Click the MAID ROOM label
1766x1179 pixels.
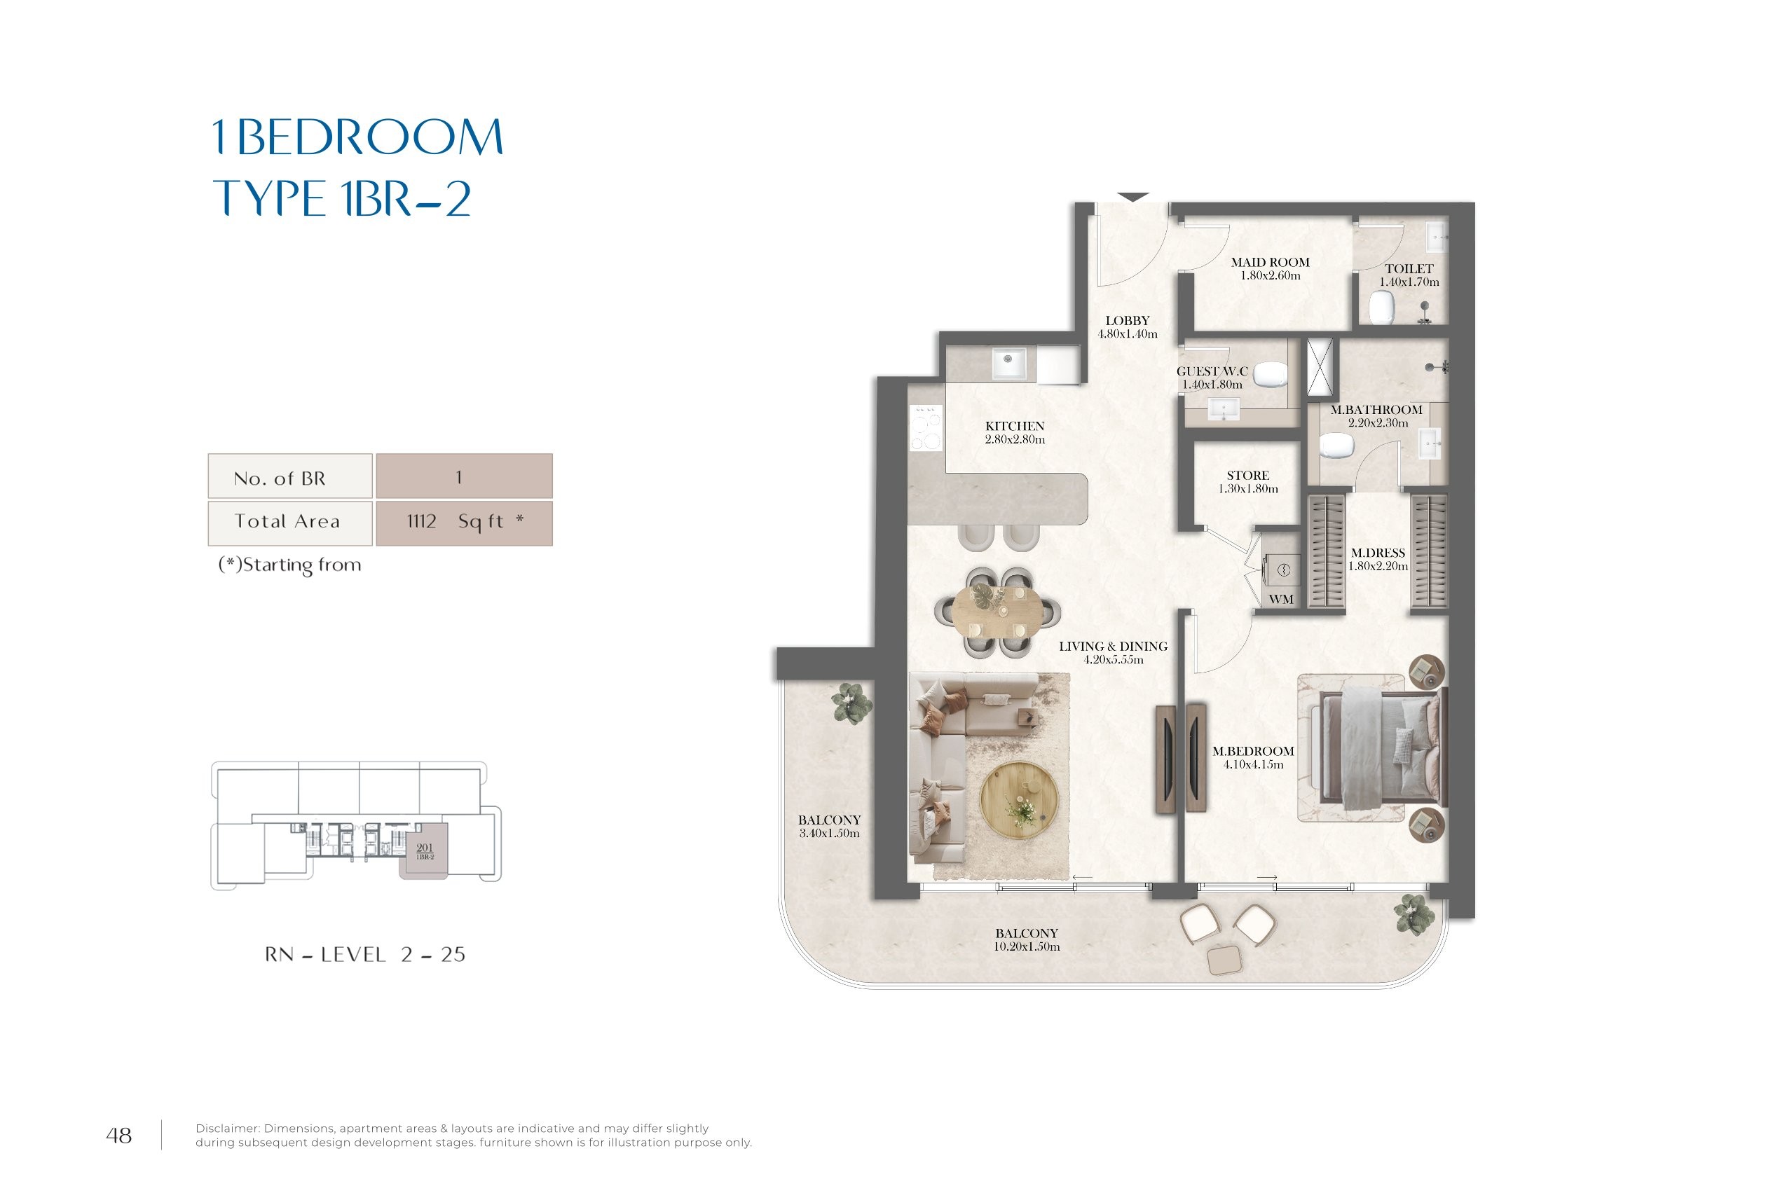pyautogui.click(x=1270, y=263)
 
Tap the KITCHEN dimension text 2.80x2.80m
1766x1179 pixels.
pyautogui.click(x=1015, y=440)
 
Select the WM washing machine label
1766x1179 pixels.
pyautogui.click(x=1281, y=599)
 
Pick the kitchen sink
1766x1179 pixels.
pyautogui.click(x=1008, y=364)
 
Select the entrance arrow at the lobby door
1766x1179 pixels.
pyautogui.click(x=1132, y=197)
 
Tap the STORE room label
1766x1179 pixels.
pyautogui.click(x=1248, y=475)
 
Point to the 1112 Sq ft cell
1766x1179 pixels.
pyautogui.click(x=464, y=523)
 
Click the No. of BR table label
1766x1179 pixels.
pyautogui.click(x=280, y=478)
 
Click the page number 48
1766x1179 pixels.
pyautogui.click(x=119, y=1136)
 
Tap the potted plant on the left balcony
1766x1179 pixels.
pyautogui.click(x=851, y=704)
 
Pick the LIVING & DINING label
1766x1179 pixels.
pyautogui.click(x=1113, y=647)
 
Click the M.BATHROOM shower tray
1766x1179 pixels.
pyautogui.click(x=1320, y=367)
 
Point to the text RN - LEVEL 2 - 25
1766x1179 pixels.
pyautogui.click(x=365, y=955)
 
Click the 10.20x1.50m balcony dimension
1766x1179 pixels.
pyautogui.click(x=1027, y=946)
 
